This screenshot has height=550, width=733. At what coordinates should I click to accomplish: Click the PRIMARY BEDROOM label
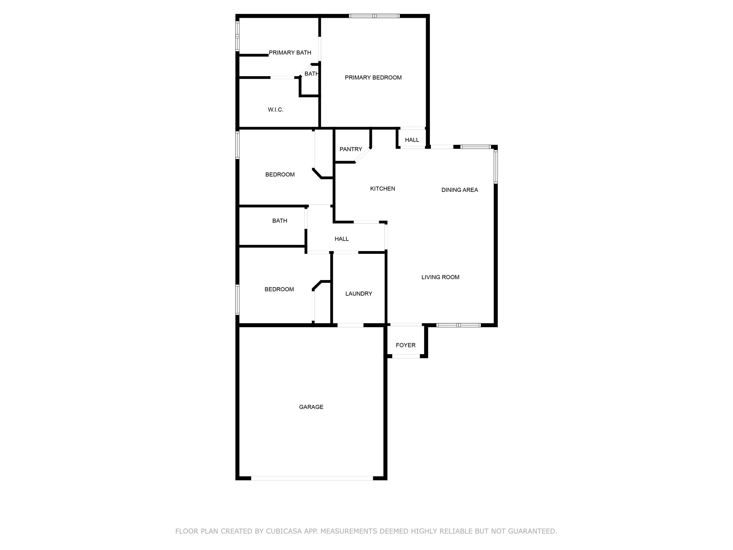tap(373, 78)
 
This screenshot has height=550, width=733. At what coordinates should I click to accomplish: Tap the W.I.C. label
tap(276, 110)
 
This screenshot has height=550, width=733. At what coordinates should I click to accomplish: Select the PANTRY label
tap(351, 149)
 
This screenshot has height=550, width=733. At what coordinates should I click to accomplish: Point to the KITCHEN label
tap(383, 189)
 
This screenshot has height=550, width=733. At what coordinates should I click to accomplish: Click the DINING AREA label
tap(460, 190)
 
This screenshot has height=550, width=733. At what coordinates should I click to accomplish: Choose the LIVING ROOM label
tap(440, 277)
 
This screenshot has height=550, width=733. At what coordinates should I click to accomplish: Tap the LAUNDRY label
tap(359, 294)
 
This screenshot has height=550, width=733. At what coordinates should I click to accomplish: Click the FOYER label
tap(406, 345)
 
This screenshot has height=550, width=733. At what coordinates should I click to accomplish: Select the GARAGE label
tap(311, 407)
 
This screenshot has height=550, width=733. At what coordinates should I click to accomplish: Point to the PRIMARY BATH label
tap(290, 53)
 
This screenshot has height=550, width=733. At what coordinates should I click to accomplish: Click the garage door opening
tap(312, 478)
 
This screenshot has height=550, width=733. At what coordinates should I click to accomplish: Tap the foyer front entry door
tap(406, 356)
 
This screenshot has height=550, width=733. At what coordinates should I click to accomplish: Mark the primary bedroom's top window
tap(374, 16)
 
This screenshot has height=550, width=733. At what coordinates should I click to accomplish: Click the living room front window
tap(458, 325)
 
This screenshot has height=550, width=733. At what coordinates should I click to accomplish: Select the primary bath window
tap(237, 36)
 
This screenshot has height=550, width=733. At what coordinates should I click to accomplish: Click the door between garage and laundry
tap(350, 325)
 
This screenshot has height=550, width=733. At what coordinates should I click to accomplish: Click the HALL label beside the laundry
tap(341, 239)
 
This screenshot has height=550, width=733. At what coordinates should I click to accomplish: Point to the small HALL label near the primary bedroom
tap(412, 140)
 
